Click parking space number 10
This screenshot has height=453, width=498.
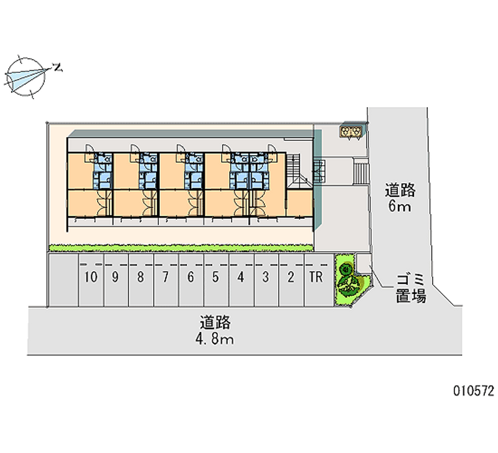tap(92, 278)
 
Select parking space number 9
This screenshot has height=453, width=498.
tap(116, 278)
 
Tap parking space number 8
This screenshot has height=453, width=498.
tap(141, 278)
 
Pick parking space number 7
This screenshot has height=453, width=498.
tap(166, 278)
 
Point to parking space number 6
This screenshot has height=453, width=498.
tap(190, 278)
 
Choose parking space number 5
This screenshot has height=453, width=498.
tap(215, 278)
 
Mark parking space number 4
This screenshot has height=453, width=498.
tap(240, 278)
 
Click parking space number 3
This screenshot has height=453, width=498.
tap(265, 278)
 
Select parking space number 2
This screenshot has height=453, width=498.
tap(291, 278)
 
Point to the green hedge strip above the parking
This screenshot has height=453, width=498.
tap(181, 247)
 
